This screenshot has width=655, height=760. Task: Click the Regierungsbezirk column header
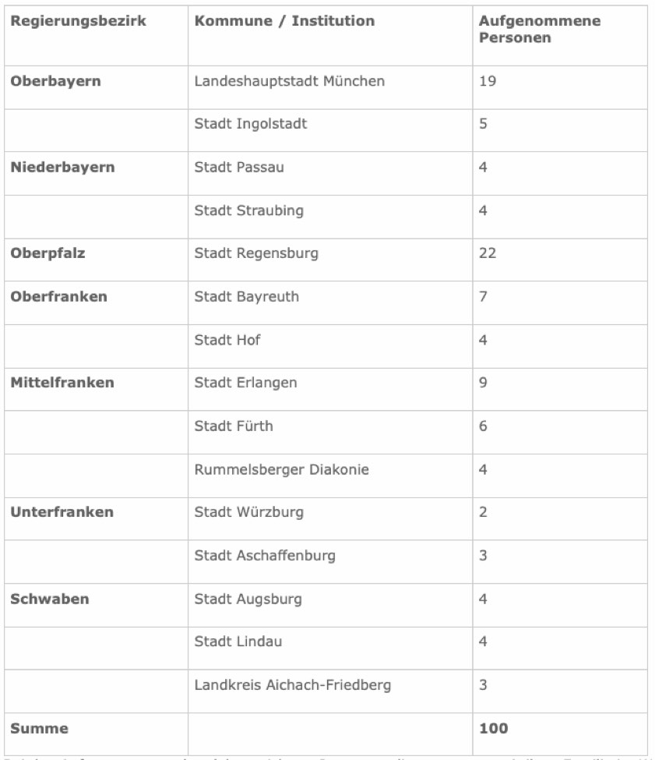click(x=78, y=22)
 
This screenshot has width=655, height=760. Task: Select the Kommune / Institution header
click(x=284, y=22)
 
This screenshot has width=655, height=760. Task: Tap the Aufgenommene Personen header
click(x=539, y=30)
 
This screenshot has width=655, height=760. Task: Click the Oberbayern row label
click(x=55, y=81)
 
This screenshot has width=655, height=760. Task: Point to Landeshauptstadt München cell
click(x=289, y=81)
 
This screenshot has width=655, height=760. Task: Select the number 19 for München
click(x=488, y=81)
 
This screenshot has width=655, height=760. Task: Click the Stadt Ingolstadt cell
click(x=251, y=124)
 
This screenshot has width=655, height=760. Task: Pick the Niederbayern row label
click(x=62, y=168)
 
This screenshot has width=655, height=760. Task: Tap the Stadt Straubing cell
click(x=249, y=210)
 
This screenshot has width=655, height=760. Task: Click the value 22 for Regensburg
click(x=488, y=253)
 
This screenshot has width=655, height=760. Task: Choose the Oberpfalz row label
click(x=48, y=253)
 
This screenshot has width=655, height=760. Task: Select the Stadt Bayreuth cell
click(x=246, y=297)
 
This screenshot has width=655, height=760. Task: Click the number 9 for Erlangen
click(x=484, y=383)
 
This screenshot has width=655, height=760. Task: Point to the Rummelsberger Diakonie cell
click(x=281, y=469)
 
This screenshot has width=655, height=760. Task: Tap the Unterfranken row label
click(x=62, y=512)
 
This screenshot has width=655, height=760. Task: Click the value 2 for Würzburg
click(x=484, y=512)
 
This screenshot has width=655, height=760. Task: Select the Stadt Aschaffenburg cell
click(x=265, y=556)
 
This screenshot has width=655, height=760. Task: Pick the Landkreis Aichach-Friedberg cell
click(x=292, y=685)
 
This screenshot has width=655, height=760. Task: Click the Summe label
click(x=39, y=729)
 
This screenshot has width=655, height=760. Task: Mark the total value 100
click(x=493, y=729)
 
